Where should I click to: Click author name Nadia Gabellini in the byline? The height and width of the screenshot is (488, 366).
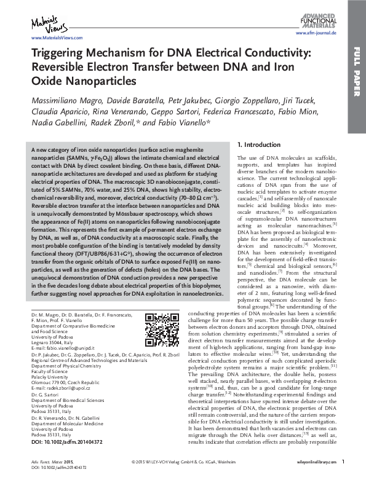pyautogui.click(x=54, y=122)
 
